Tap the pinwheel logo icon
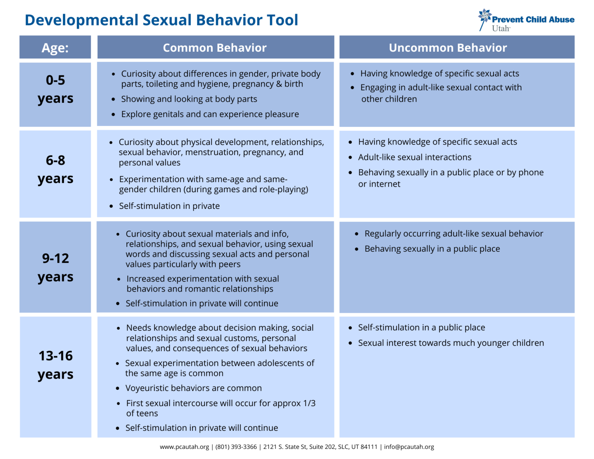[484, 17]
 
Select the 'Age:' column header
[55, 48]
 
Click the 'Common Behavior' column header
[215, 48]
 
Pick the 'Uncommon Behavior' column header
[448, 48]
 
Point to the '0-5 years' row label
[55, 89]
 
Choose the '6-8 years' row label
[55, 169]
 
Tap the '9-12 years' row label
[55, 267]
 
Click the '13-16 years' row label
[55, 365]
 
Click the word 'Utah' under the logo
[501, 29]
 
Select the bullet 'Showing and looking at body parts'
[189, 99]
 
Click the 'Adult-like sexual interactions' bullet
[415, 157]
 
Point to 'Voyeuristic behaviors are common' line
[193, 388]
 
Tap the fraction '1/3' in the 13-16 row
[309, 403]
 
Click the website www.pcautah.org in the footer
[184, 447]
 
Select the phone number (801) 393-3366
[236, 447]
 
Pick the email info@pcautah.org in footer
[409, 447]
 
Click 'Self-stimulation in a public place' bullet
[421, 328]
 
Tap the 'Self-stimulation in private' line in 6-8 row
[169, 206]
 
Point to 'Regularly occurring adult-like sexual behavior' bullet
[454, 234]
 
